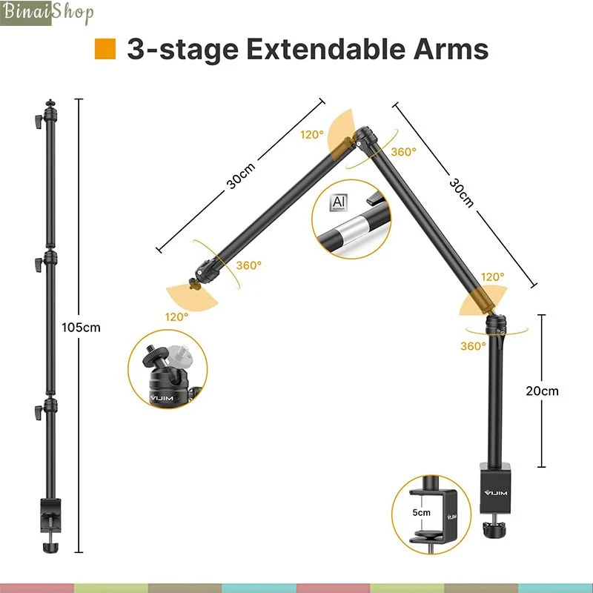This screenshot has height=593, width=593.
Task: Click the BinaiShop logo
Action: pyautogui.click(x=47, y=13)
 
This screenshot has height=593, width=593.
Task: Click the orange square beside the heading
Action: pyautogui.click(x=105, y=49)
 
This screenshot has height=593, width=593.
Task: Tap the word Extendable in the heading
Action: pyautogui.click(x=325, y=49)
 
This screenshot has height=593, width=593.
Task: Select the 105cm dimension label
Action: pyautogui.click(x=81, y=327)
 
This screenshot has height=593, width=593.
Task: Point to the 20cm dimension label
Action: pyautogui.click(x=542, y=391)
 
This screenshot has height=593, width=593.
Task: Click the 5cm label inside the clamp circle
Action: pyautogui.click(x=421, y=512)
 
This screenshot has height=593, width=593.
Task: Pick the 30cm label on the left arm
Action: pyautogui.click(x=241, y=176)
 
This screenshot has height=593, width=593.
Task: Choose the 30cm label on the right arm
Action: pyautogui.click(x=461, y=193)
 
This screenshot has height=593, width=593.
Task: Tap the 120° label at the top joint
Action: pyautogui.click(x=312, y=135)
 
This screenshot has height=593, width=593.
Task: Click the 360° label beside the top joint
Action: pyautogui.click(x=403, y=152)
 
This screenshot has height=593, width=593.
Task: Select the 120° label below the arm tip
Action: pyautogui.click(x=176, y=317)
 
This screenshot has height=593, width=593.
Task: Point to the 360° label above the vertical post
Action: pyautogui.click(x=473, y=346)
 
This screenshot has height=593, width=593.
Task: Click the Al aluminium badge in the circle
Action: pyautogui.click(x=338, y=203)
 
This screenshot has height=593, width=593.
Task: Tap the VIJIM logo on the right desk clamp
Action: pyautogui.click(x=496, y=493)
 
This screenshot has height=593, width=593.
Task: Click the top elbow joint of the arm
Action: pyautogui.click(x=365, y=137)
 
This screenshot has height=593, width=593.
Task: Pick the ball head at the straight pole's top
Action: pyautogui.click(x=50, y=110)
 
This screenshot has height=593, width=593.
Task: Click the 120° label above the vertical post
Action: pyautogui.click(x=492, y=276)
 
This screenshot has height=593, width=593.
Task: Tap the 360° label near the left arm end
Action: pyautogui.click(x=249, y=265)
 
